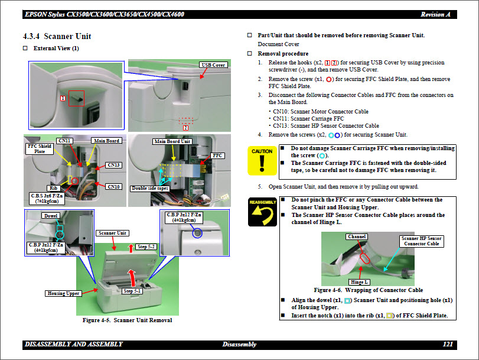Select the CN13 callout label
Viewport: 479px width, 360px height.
[x=113, y=164]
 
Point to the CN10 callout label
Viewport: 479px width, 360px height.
[x=113, y=187]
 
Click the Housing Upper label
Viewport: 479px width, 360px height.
[x=63, y=293]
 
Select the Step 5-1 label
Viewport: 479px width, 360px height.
[x=132, y=291]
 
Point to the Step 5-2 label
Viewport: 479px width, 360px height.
[x=146, y=246]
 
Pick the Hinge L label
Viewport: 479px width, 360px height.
[x=359, y=282]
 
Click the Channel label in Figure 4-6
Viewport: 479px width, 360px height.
[x=357, y=236]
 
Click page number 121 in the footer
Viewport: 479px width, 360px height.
[x=447, y=344]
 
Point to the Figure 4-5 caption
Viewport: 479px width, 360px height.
[x=127, y=320]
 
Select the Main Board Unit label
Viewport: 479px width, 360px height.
[x=172, y=141]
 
